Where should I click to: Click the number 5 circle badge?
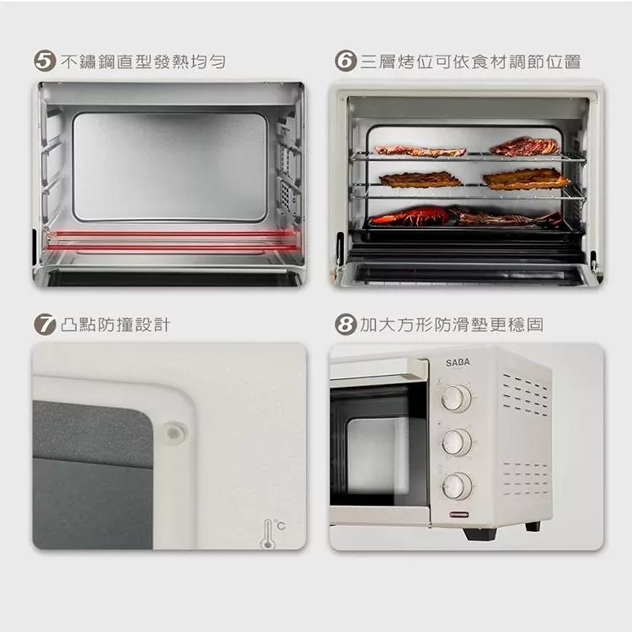45,62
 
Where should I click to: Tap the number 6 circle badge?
345,62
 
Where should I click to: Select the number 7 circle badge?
45,324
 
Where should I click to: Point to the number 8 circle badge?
345,324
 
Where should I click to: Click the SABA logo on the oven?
458,362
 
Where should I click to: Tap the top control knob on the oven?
456,399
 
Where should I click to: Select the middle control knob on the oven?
457,442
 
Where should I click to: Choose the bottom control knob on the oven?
457,486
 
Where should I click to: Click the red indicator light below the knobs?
459,515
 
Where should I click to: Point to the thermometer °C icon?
273,533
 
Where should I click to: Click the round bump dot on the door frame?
175,433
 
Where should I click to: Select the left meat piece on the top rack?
420,151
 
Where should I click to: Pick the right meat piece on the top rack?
525,147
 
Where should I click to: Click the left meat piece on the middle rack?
420,179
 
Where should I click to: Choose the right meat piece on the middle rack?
527,179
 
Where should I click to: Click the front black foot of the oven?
479,533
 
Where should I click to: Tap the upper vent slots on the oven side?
525,394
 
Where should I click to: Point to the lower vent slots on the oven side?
526,479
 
